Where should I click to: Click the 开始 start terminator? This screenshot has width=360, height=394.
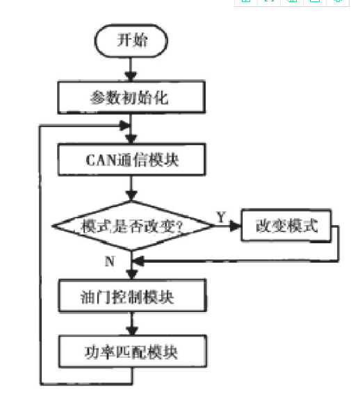pos(131,41)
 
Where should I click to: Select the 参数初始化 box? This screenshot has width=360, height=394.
pos(131,97)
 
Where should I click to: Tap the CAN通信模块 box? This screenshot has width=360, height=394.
pos(131,159)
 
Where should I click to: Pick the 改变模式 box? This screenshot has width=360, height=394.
pos(286,225)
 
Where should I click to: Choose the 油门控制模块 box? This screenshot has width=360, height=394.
pos(133,295)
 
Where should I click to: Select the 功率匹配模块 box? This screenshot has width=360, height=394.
pos(133,352)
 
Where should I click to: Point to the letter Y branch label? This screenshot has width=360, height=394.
pos(221,217)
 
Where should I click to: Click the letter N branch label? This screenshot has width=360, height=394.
pos(110,261)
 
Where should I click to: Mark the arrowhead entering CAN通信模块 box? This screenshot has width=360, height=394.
pos(131,139)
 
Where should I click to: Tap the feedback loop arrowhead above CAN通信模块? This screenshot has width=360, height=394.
pos(124,125)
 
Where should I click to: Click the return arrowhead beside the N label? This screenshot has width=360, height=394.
pos(138,261)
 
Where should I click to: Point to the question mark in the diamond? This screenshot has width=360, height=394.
pos(179,227)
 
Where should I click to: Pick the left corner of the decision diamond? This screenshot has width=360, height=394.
pos(52,226)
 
